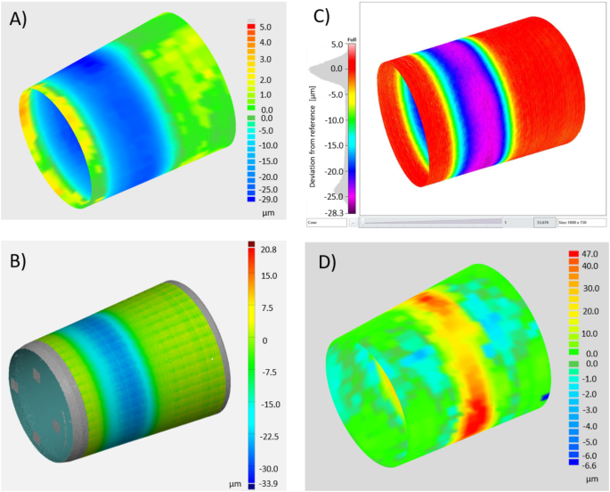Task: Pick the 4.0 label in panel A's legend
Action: coord(265,42)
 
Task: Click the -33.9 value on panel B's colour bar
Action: coord(270,485)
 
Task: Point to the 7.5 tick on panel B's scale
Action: coord(267,308)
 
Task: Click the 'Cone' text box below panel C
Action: coord(325,222)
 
